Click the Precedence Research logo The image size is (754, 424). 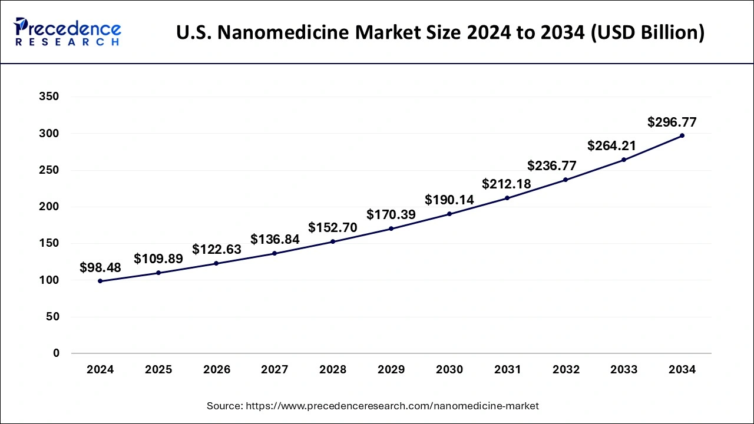coord(68,32)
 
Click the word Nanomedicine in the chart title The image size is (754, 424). coord(275,32)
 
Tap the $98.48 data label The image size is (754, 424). coord(100,268)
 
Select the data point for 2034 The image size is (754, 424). coord(682,135)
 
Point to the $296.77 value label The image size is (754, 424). coord(672,122)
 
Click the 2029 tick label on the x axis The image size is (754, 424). coord(391,370)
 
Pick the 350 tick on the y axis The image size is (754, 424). coord(48,97)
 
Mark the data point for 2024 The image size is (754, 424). coord(100,281)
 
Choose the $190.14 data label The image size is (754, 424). coord(449,200)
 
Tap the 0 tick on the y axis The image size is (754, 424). coord(56,353)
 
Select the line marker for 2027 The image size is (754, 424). coord(275,253)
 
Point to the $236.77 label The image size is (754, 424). coord(552,165)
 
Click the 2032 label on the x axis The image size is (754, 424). coord(566,370)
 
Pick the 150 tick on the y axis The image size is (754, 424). coord(48,244)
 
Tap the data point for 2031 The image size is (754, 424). coord(507,198)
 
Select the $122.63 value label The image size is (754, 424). coord(217,250)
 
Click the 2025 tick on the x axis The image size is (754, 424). coord(158,370)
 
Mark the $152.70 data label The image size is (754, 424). coord(333,228)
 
